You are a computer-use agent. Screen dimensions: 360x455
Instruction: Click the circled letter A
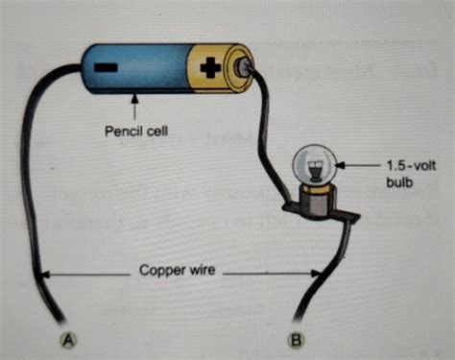69,338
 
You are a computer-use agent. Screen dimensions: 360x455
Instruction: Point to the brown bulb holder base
313,199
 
